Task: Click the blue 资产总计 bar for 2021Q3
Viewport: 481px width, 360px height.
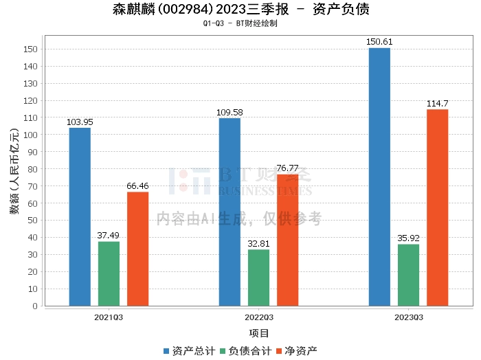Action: (80, 216)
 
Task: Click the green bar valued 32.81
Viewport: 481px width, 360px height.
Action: (258, 278)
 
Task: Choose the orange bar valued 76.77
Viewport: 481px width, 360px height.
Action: (287, 240)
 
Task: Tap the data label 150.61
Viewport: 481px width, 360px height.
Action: (379, 42)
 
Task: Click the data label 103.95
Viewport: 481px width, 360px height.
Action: (80, 122)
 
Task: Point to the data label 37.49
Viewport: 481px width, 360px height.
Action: (109, 236)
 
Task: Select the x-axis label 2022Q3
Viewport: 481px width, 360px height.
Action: (258, 317)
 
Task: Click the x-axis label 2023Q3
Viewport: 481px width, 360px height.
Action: (408, 317)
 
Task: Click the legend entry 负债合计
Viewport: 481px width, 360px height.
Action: (246, 351)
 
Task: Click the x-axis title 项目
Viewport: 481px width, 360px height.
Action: (259, 334)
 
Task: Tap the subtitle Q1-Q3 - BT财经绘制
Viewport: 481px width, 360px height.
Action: (240, 23)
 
